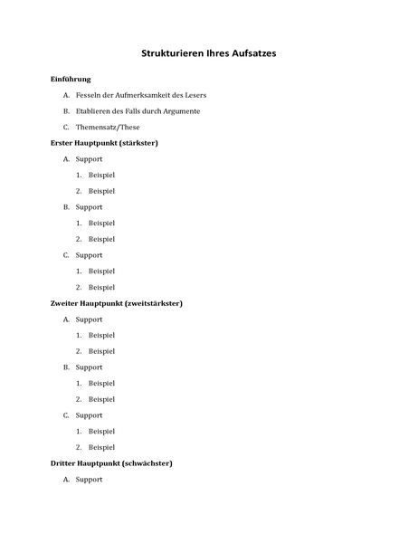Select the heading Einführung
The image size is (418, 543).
pos(71,80)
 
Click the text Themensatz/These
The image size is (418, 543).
pos(108,128)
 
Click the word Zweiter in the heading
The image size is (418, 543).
pos(65,303)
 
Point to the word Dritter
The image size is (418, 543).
pos(64,463)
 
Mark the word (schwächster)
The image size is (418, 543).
pos(145,463)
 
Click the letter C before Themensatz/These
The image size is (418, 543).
pos(66,128)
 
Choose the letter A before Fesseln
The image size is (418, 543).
pos(66,95)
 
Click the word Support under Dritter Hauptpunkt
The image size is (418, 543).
pos(89,480)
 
